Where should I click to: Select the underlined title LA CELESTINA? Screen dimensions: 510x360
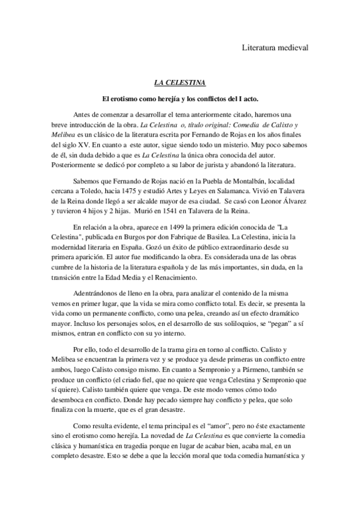[180, 82]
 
